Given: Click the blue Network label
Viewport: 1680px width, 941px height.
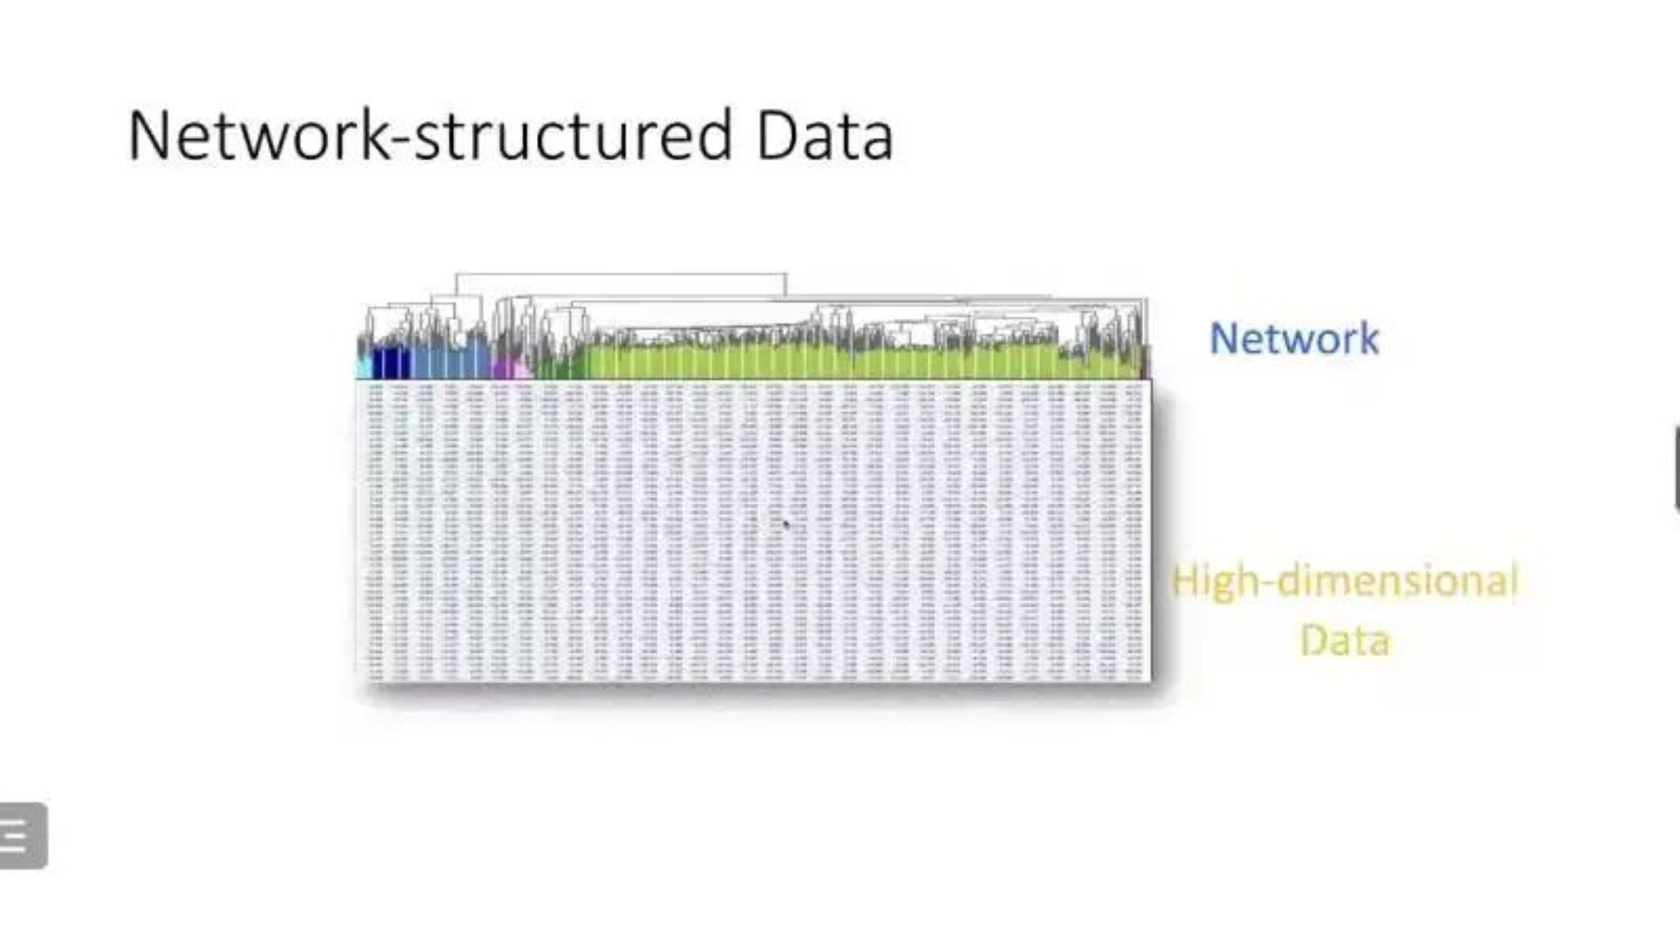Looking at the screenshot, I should click(1294, 338).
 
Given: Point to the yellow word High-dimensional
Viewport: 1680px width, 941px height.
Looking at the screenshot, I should click(1344, 581).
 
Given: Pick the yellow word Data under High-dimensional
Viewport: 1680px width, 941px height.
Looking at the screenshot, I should click(1345, 640).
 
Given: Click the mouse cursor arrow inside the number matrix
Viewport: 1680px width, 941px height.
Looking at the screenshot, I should click(786, 524).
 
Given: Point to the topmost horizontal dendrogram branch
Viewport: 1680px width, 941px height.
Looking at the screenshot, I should click(621, 274).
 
